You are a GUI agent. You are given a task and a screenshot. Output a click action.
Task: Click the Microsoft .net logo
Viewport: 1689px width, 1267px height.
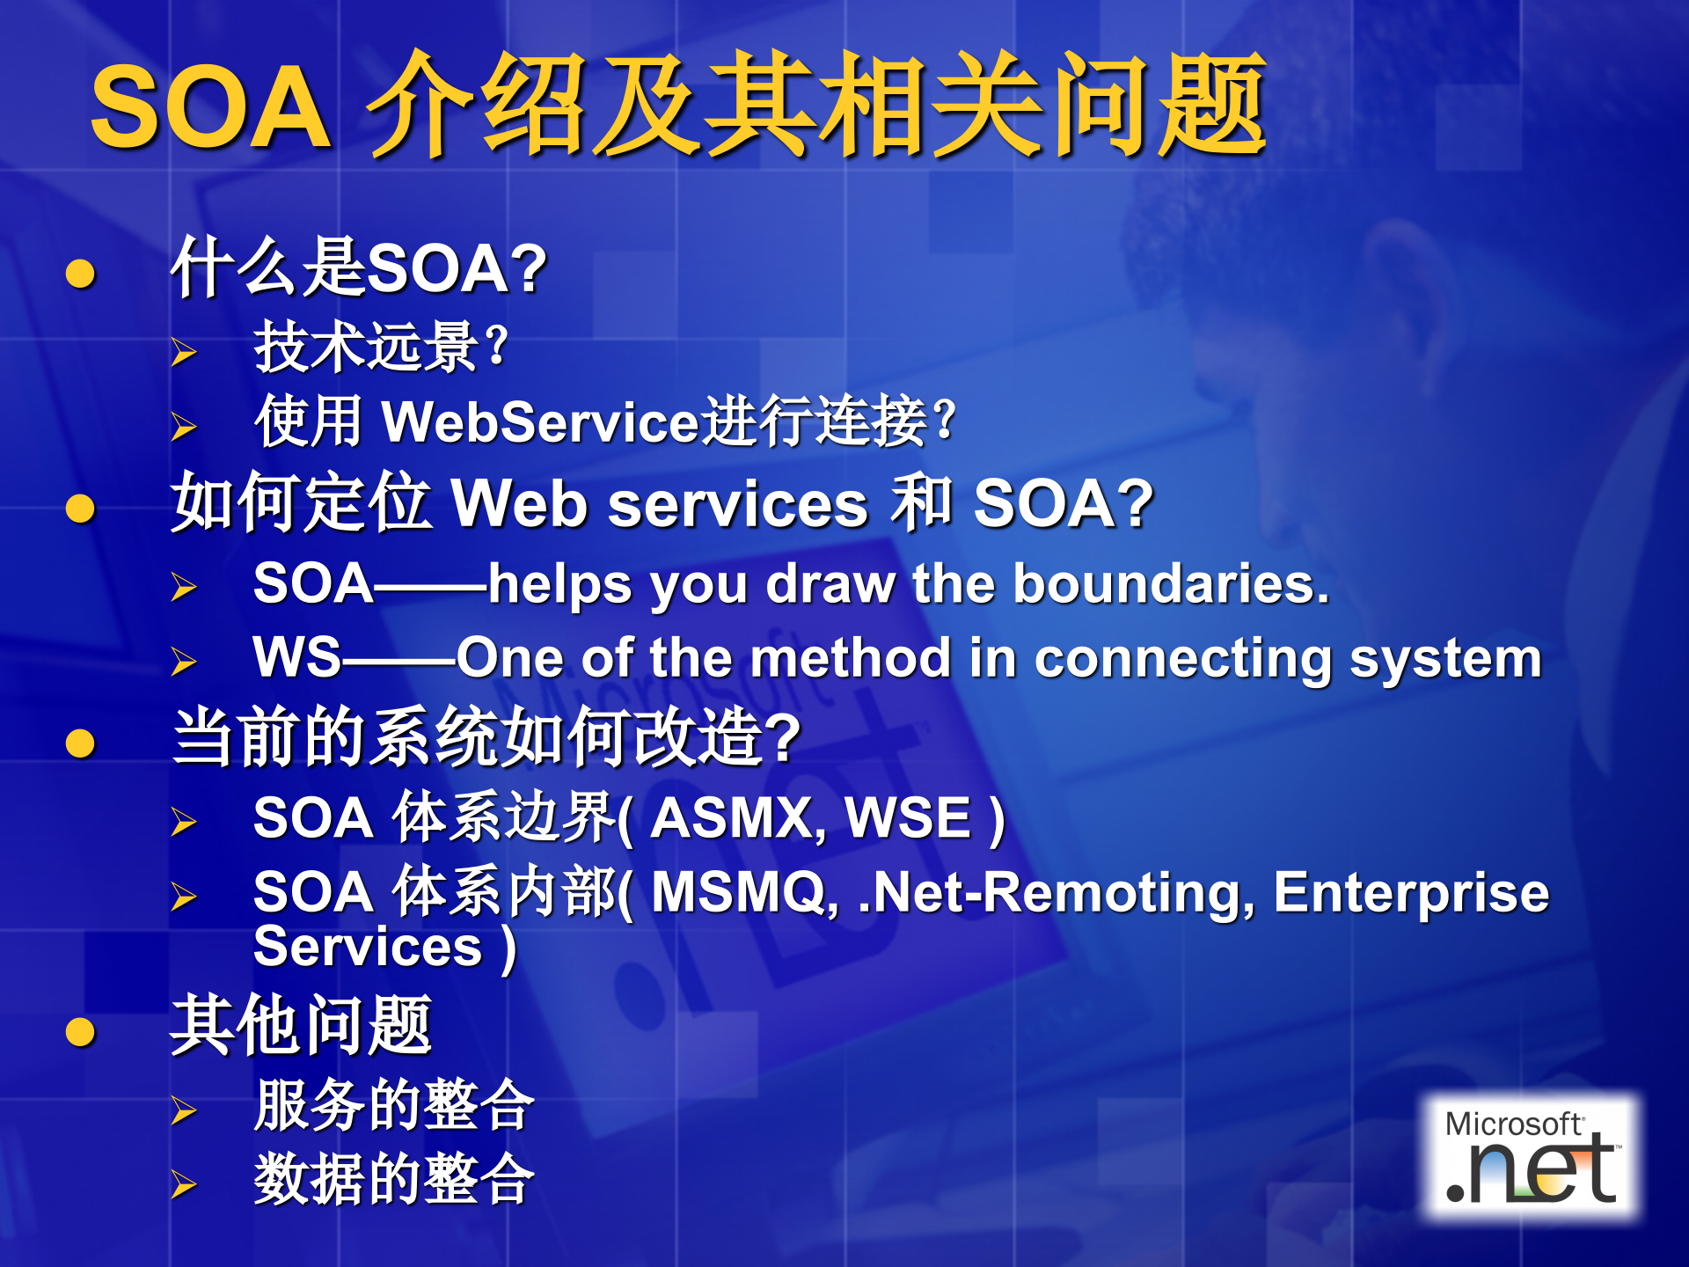pyautogui.click(x=1532, y=1157)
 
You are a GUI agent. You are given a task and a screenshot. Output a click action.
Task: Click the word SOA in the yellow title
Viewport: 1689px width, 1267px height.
pyautogui.click(x=211, y=108)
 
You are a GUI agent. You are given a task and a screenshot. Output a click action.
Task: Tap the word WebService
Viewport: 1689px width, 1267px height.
pyautogui.click(x=540, y=421)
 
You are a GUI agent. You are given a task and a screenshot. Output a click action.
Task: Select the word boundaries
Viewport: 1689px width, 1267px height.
pyautogui.click(x=1171, y=583)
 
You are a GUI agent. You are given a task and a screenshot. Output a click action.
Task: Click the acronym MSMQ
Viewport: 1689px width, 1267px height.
pyautogui.click(x=744, y=894)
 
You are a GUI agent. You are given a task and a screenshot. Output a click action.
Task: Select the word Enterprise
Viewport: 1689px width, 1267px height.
pyautogui.click(x=1411, y=894)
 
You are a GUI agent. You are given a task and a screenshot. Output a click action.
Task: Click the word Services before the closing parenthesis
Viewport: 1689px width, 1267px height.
pyautogui.click(x=368, y=947)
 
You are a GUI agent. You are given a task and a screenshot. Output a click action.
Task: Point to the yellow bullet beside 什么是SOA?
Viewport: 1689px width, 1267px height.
pyautogui.click(x=80, y=273)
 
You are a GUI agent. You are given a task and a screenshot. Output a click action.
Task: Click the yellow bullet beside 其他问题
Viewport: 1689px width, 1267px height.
pyautogui.click(x=80, y=1031)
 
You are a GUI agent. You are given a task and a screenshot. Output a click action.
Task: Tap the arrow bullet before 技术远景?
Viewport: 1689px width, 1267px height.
pyautogui.click(x=184, y=352)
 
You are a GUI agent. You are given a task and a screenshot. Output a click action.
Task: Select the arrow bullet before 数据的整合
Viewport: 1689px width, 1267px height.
pyautogui.click(x=184, y=1184)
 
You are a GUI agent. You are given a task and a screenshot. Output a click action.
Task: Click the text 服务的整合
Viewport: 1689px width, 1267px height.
pyautogui.click(x=394, y=1105)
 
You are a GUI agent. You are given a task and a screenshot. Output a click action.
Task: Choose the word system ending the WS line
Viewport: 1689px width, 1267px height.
pyautogui.click(x=1446, y=660)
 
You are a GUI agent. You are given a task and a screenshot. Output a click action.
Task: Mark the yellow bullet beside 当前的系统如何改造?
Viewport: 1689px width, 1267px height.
pyautogui.click(x=80, y=743)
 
